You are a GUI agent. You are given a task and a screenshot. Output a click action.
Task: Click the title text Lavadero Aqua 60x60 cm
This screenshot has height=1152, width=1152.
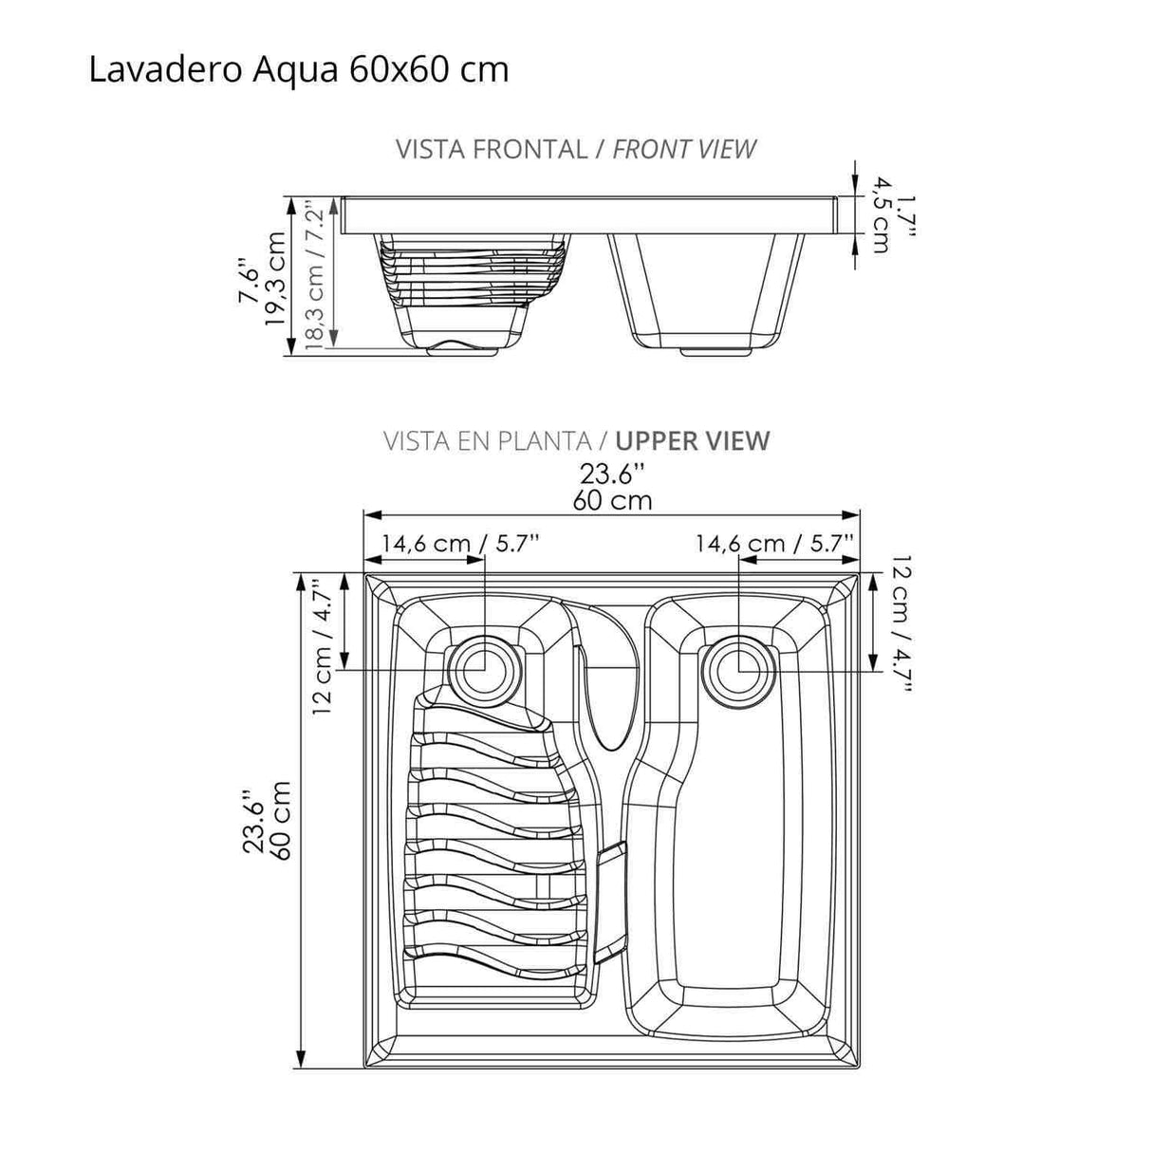[x=298, y=69]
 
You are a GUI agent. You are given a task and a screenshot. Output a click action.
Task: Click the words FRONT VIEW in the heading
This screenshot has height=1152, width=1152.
[x=684, y=149]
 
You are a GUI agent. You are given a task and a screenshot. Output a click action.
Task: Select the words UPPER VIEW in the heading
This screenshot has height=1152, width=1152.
[x=692, y=440]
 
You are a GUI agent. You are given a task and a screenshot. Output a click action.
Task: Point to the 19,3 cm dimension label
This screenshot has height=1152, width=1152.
[x=276, y=279]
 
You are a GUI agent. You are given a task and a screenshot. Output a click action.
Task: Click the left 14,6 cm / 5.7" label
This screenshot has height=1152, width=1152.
[x=461, y=543]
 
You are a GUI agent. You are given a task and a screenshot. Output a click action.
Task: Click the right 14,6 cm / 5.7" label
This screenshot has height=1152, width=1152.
[x=775, y=543]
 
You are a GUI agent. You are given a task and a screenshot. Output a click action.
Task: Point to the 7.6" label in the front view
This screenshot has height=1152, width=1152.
[x=248, y=279]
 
